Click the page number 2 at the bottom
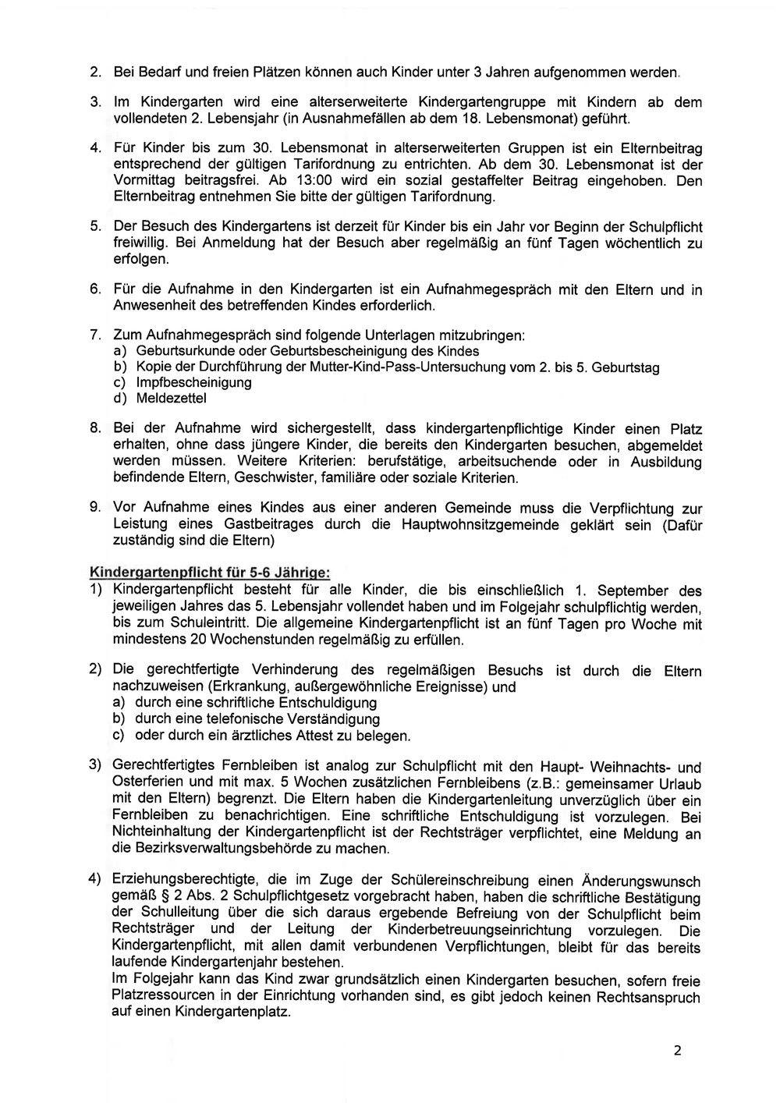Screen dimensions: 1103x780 pyautogui.click(x=677, y=1050)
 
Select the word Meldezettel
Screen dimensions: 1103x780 pyautogui.click(x=172, y=398)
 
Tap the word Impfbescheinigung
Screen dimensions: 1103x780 pyautogui.click(x=194, y=382)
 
